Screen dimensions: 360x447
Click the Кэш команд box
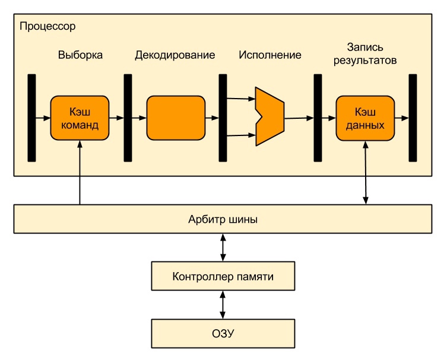pyautogui.click(x=80, y=118)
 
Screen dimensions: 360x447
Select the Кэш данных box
pyautogui.click(x=365, y=118)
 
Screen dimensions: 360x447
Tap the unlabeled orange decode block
pyautogui.click(x=175, y=118)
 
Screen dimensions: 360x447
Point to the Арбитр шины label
pyautogui.click(x=223, y=219)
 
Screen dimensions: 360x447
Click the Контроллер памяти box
pyautogui.click(x=223, y=276)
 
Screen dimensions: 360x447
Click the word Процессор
pyautogui.click(x=47, y=27)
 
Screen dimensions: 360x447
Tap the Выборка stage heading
pyautogui.click(x=80, y=55)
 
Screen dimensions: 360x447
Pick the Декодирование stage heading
pyautogui.click(x=175, y=55)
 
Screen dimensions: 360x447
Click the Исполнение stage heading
pyautogui.click(x=270, y=55)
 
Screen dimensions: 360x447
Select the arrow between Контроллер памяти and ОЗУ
pyautogui.click(x=223, y=305)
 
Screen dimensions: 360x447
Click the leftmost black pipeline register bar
pyautogui.click(x=31, y=118)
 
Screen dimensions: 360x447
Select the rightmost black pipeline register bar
pyautogui.click(x=413, y=118)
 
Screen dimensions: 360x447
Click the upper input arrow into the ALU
pyautogui.click(x=240, y=99)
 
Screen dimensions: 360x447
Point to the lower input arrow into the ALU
pyautogui.click(x=240, y=135)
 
